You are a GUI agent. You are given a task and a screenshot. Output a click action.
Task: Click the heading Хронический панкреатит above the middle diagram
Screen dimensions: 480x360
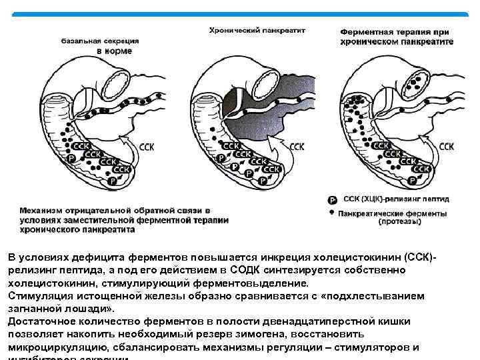(x=257, y=30)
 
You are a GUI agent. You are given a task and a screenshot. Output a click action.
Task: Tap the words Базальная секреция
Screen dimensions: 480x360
(x=97, y=40)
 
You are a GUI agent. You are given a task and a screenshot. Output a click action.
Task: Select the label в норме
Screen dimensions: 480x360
(x=115, y=51)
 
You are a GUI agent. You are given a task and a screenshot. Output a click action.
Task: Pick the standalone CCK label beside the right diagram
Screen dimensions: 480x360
(x=447, y=145)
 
